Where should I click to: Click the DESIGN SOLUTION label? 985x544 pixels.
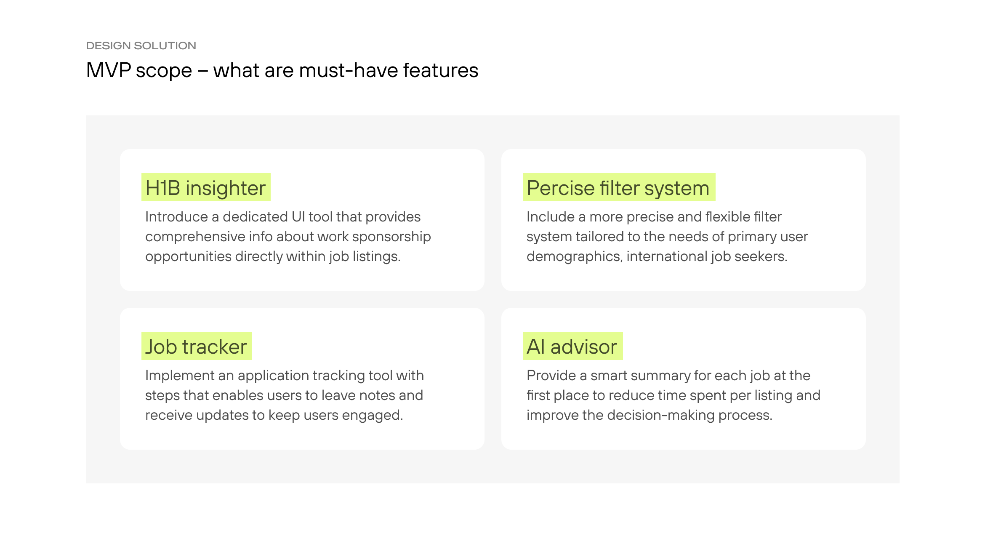(141, 45)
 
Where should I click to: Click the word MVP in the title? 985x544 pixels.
(109, 70)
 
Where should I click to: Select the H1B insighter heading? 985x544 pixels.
(205, 188)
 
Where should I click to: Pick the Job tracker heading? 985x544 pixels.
(196, 347)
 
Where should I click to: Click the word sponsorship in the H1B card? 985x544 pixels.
(391, 237)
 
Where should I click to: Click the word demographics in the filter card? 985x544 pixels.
(574, 256)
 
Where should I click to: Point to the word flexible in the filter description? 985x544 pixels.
(728, 217)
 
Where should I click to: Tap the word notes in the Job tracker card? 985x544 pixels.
(376, 395)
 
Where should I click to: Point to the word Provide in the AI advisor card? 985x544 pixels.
(551, 376)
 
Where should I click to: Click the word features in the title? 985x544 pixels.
(441, 70)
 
